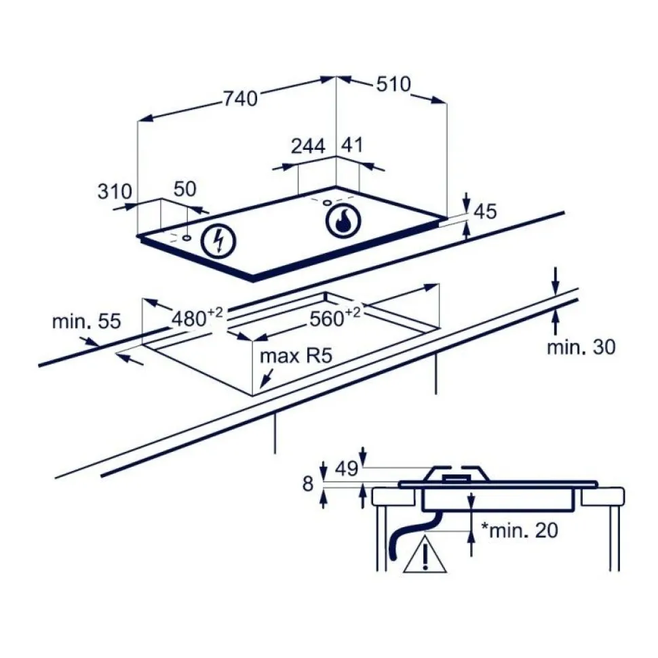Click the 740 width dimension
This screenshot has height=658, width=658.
coord(240,99)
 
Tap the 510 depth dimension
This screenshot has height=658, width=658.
coord(393,84)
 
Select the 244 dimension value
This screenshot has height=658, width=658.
coord(309,146)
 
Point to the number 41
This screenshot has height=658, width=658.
coord(351,145)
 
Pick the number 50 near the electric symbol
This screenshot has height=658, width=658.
coord(185,189)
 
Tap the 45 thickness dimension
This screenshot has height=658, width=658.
coord(485,211)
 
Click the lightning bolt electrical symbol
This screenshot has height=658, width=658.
coord(218,241)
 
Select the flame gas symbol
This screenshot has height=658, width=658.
coord(343,220)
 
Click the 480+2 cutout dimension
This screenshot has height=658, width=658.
coord(197,317)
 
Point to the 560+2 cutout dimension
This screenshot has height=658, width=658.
coord(335,317)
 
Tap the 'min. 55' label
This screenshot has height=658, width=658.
coord(86,321)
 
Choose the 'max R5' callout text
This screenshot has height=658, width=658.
coord(296,356)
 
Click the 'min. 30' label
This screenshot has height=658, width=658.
coord(581,347)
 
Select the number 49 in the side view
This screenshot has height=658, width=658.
coord(346,469)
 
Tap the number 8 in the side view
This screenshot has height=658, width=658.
coord(308,484)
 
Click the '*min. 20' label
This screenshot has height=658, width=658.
coord(520,531)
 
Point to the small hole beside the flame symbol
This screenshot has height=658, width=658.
coord(327,203)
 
